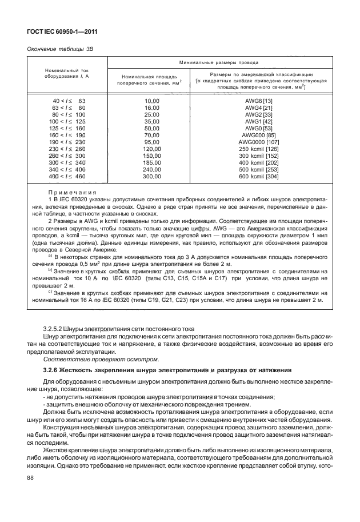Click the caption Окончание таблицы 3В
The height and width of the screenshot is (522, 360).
tap(57, 49)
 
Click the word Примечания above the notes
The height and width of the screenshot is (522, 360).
tap(71, 192)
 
